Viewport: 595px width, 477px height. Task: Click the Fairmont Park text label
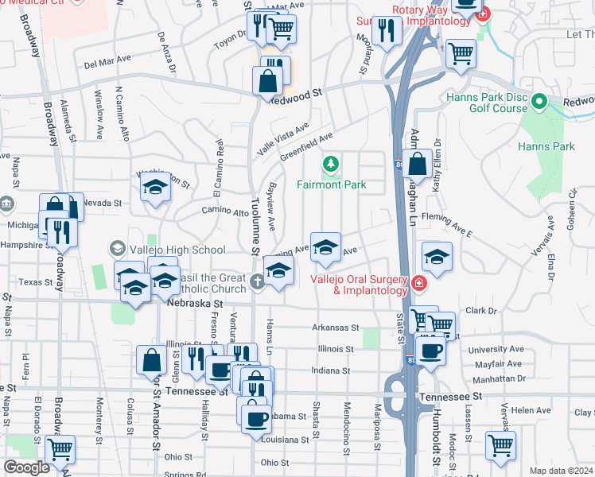[331, 184]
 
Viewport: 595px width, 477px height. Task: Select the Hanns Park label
[546, 146]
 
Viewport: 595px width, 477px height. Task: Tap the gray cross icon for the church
[257, 281]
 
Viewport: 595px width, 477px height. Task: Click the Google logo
[26, 467]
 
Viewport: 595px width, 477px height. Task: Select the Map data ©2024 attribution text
[560, 471]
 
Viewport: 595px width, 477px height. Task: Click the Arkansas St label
[336, 327]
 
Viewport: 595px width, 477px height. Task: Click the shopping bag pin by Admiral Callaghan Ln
[417, 165]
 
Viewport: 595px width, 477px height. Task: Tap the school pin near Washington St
[155, 188]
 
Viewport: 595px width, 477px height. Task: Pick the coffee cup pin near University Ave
[430, 351]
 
